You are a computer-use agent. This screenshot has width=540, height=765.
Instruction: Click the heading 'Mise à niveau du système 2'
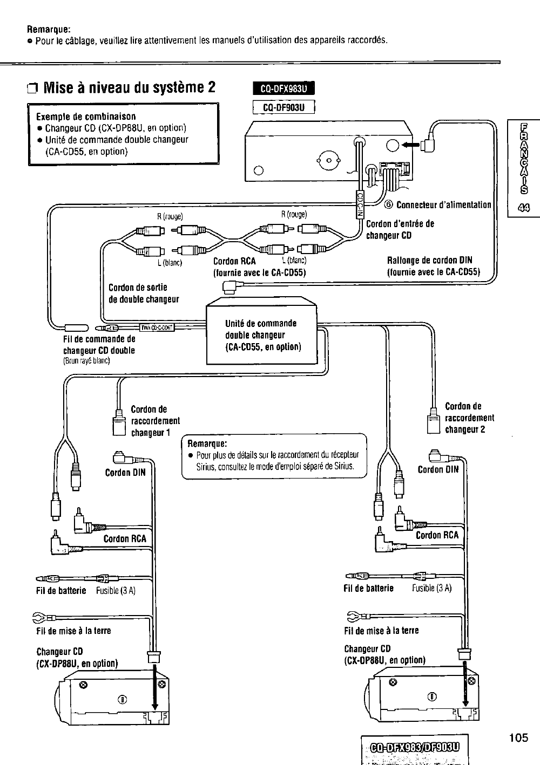[129, 87]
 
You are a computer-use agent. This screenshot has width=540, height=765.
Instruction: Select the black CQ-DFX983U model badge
[283, 90]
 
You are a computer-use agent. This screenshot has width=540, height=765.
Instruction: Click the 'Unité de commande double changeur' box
[262, 335]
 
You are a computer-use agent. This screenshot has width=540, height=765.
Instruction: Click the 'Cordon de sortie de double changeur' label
[144, 293]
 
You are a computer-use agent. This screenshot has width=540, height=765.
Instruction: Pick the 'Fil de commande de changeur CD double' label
[99, 345]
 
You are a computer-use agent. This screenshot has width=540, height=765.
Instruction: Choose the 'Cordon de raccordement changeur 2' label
[469, 418]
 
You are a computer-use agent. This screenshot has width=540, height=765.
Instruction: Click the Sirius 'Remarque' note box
[274, 456]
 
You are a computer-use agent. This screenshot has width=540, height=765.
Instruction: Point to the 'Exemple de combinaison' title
[86, 117]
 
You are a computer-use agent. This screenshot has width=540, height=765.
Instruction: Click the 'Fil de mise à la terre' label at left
[73, 631]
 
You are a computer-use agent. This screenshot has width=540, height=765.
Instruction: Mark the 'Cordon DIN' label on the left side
[125, 473]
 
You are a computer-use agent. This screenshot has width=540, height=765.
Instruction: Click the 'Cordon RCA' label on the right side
[437, 535]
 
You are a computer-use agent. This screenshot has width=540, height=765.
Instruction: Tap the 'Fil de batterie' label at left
[60, 591]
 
